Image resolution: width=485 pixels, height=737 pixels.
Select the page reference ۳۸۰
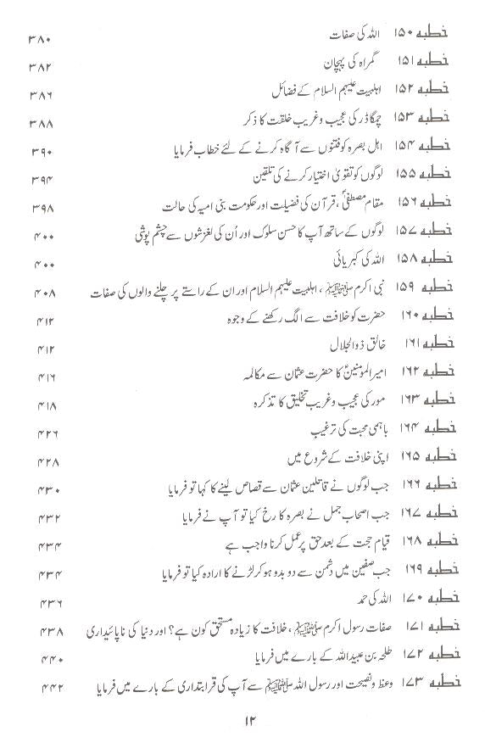40,39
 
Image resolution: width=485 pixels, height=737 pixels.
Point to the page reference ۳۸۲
40,66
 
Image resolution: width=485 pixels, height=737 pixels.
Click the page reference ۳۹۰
41,152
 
